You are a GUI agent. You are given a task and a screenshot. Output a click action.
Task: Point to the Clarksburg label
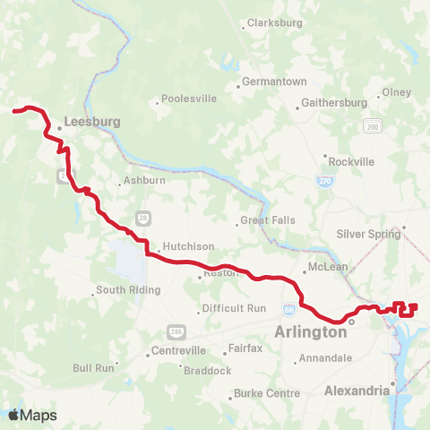click(271, 23)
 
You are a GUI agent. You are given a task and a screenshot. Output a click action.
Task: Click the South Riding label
click(128, 290)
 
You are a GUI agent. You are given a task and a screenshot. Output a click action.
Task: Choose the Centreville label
click(179, 350)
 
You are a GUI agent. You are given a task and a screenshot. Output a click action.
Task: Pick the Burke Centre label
click(266, 393)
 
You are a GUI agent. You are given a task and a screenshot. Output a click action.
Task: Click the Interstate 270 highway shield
click(325, 180)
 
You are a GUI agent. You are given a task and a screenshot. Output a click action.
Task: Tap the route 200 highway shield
click(372, 128)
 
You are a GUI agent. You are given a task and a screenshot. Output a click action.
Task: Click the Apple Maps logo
click(31, 415)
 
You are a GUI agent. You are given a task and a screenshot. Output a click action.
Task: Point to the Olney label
click(396, 92)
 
